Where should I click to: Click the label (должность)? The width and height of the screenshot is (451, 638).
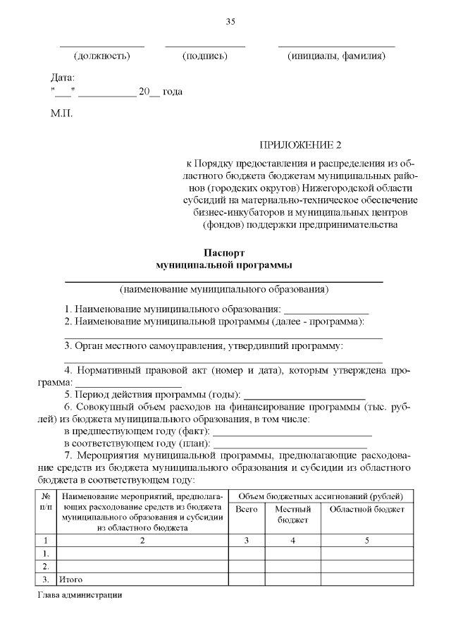[x=103, y=56]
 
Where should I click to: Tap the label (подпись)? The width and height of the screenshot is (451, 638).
[x=204, y=56]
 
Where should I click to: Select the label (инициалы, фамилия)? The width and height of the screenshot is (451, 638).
[x=336, y=56]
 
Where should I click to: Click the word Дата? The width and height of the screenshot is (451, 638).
[x=63, y=78]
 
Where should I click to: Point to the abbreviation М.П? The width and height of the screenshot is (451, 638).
[x=61, y=112]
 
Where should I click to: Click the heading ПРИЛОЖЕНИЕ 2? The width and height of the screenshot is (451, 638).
[x=300, y=146]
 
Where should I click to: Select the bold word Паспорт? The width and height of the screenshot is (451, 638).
[x=223, y=252]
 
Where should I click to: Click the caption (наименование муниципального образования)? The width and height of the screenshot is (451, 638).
[x=223, y=289]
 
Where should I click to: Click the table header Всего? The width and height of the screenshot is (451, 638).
[x=247, y=509]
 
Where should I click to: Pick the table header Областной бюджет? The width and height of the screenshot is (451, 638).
[x=366, y=509]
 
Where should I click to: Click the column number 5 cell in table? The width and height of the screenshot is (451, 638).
[x=366, y=541]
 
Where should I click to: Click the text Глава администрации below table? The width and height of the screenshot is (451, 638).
[x=79, y=596]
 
